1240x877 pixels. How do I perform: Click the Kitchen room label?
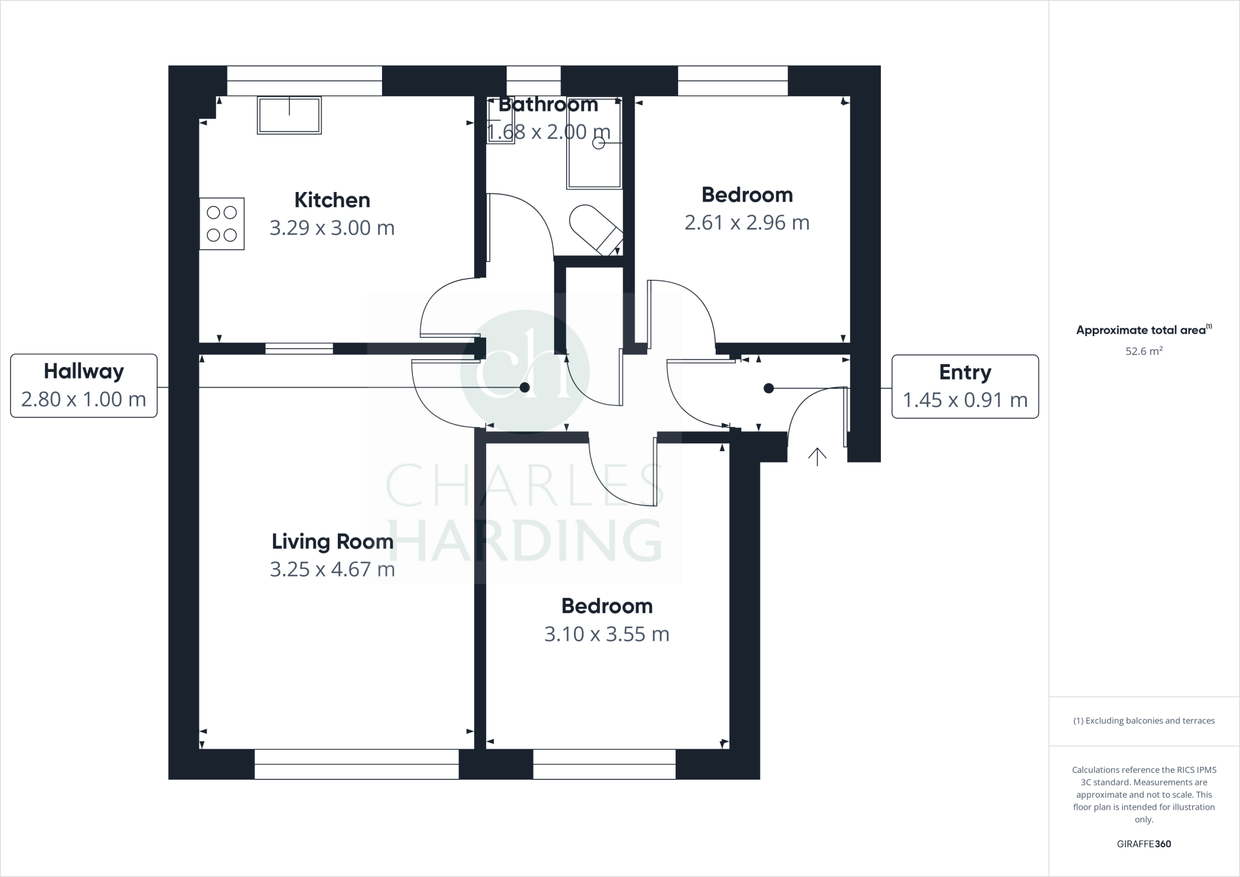click(x=332, y=200)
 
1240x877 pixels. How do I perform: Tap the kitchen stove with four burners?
click(x=222, y=223)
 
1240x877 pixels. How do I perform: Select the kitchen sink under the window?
click(x=289, y=115)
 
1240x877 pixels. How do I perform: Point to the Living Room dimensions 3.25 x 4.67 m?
click(x=332, y=569)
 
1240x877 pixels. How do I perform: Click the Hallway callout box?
click(x=84, y=385)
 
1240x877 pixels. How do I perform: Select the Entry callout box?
click(x=965, y=386)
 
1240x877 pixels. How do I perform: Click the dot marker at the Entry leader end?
click(x=768, y=388)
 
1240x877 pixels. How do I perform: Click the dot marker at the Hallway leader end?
click(x=525, y=388)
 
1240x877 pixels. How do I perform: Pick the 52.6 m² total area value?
click(x=1144, y=351)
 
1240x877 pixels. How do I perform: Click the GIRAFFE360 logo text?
click(x=1144, y=844)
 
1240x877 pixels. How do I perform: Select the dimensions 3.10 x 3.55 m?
click(x=607, y=634)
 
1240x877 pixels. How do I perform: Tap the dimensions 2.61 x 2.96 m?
click(x=747, y=223)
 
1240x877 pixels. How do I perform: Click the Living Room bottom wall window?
click(x=356, y=764)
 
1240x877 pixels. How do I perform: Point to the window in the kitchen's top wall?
click(x=305, y=81)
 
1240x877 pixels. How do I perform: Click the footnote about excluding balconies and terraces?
click(x=1144, y=721)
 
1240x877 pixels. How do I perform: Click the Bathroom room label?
click(x=548, y=105)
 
